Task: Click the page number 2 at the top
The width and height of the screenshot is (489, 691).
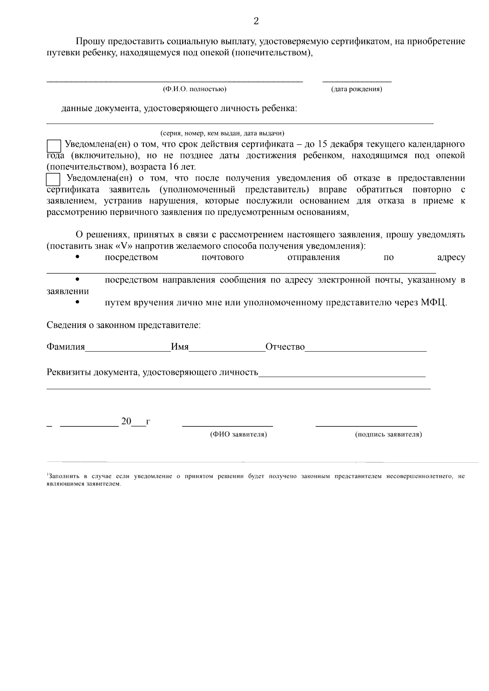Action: pos(256,22)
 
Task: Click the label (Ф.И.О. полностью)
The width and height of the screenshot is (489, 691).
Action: pos(194,89)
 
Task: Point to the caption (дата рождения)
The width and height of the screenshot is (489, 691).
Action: pos(356,89)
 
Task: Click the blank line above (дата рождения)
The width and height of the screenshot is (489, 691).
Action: pos(357,81)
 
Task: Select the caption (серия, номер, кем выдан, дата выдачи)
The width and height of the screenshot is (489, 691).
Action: pos(222,133)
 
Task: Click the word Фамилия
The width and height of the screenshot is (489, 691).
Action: pos(66,347)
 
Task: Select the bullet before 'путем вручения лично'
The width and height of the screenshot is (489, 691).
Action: pos(77,302)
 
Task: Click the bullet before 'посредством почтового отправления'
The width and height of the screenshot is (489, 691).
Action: pos(77,257)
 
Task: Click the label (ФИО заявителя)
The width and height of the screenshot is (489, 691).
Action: pos(238,435)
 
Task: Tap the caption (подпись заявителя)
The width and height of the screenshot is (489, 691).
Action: pos(388,435)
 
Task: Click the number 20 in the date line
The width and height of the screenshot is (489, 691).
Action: pos(126,421)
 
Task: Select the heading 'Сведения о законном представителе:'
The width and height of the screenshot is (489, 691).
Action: pos(124,325)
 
